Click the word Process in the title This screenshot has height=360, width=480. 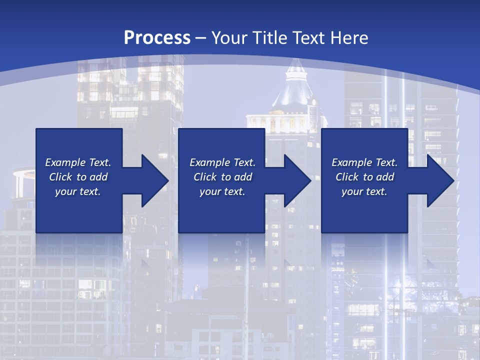(x=157, y=37)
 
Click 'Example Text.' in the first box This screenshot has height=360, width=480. (x=78, y=162)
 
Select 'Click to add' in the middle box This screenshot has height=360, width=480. (x=222, y=177)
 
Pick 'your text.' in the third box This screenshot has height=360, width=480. (x=364, y=191)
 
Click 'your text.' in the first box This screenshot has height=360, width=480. (x=78, y=191)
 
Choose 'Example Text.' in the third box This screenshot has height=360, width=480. (x=364, y=162)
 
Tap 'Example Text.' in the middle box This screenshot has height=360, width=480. (x=222, y=162)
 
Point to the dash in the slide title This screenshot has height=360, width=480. (x=200, y=38)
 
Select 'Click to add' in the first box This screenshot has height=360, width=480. (x=78, y=177)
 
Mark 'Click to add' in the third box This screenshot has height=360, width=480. (x=364, y=177)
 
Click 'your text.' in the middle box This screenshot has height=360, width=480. (x=222, y=191)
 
